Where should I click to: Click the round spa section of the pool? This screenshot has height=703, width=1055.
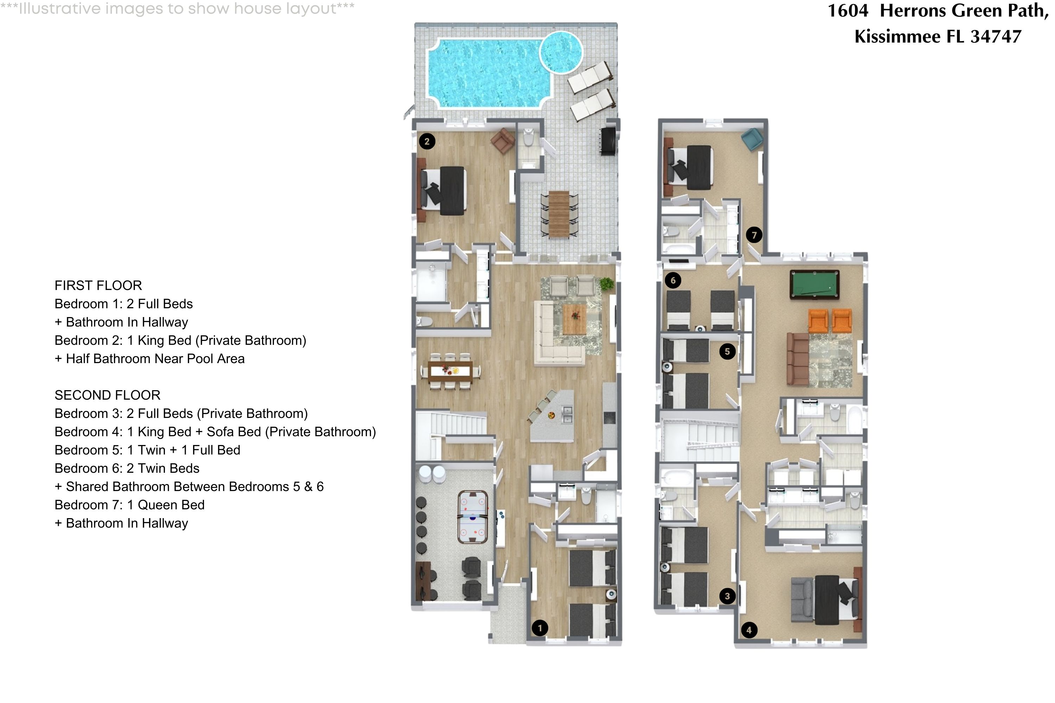(x=561, y=52)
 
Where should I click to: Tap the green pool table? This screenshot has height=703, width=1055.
(x=814, y=284)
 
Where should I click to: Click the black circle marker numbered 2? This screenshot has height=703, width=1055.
(x=427, y=142)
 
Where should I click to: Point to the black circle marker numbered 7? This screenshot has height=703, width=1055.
(x=754, y=235)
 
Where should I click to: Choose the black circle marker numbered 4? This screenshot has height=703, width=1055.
(x=749, y=630)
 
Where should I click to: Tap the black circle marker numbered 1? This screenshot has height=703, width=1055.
(x=539, y=628)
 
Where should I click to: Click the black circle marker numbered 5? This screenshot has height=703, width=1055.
(x=727, y=351)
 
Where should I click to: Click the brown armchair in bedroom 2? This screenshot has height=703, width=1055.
(x=503, y=140)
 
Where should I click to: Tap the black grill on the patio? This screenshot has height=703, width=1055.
(x=609, y=141)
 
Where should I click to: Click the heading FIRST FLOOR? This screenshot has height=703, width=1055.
(x=98, y=285)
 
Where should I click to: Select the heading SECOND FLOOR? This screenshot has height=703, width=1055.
(x=107, y=395)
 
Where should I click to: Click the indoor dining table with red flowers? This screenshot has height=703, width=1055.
(x=450, y=371)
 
